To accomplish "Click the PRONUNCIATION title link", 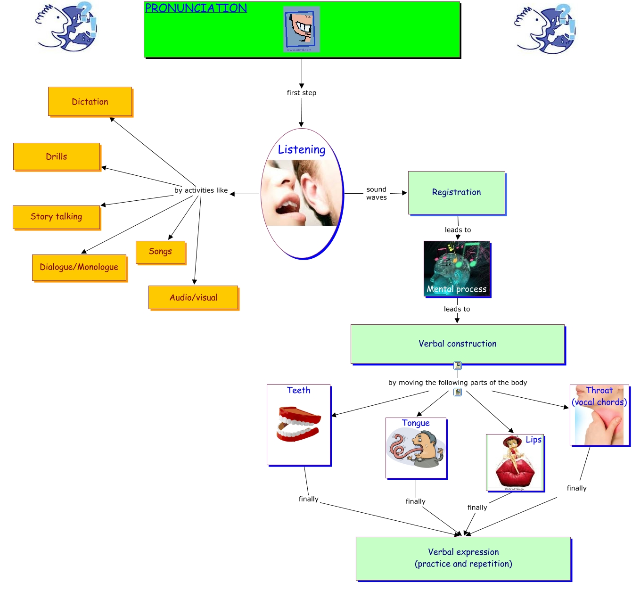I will pyautogui.click(x=196, y=8).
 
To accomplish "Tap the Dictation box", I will pyautogui.click(x=90, y=101).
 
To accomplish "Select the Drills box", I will pyautogui.click(x=57, y=156).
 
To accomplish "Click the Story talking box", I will pyautogui.click(x=57, y=217).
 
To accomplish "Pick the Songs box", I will pyautogui.click(x=160, y=252).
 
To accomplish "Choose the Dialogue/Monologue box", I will pyautogui.click(x=79, y=267).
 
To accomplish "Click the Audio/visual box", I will pyautogui.click(x=193, y=297).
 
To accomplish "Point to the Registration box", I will pyautogui.click(x=456, y=192).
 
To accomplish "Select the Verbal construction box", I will pyautogui.click(x=457, y=344).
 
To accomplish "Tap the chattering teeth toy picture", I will pyautogui.click(x=298, y=424).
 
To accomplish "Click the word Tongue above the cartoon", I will pyautogui.click(x=416, y=423).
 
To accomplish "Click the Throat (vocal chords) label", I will pyautogui.click(x=599, y=396).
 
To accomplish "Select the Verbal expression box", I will pyautogui.click(x=463, y=558).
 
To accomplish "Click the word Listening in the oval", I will pyautogui.click(x=302, y=150).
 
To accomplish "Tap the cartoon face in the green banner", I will pyautogui.click(x=301, y=28).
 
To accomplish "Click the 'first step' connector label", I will pyautogui.click(x=302, y=93).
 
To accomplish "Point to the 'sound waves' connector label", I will pyautogui.click(x=377, y=193).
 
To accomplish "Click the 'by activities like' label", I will pyautogui.click(x=201, y=190).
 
